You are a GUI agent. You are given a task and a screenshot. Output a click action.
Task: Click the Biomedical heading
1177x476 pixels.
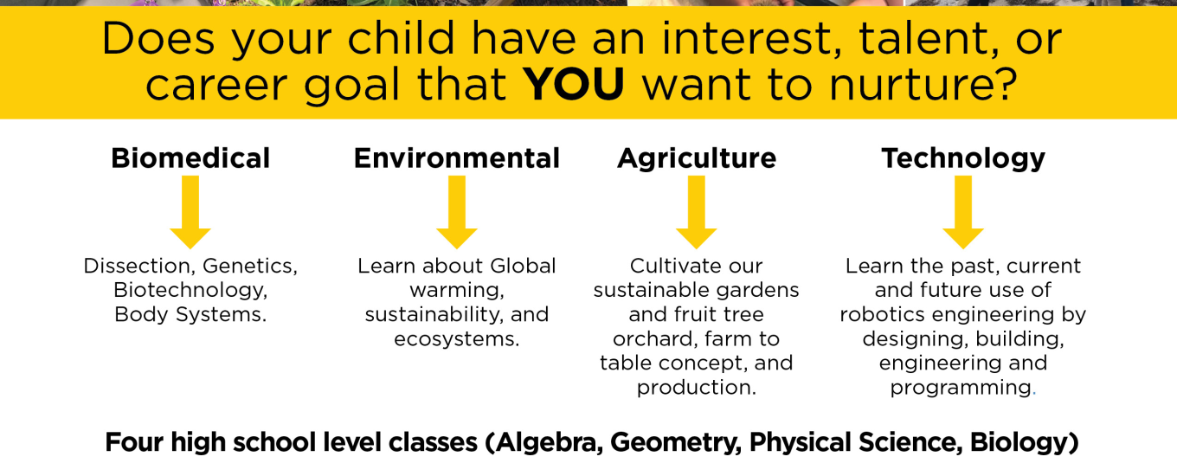tap(190, 158)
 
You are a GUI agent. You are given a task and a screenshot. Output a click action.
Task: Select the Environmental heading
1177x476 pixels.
tap(457, 158)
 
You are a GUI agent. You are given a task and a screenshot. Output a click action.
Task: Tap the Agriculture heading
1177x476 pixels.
tap(696, 159)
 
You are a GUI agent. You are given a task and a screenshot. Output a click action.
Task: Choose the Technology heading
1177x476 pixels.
tap(963, 159)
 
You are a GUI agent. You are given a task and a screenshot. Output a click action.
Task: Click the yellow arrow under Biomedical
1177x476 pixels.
tap(190, 212)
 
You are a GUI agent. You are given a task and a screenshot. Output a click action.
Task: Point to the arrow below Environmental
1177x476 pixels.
tap(457, 212)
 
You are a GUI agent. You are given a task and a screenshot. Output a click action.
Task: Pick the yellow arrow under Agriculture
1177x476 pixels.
tap(696, 212)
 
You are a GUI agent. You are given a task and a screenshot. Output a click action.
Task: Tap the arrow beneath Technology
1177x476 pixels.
tap(963, 212)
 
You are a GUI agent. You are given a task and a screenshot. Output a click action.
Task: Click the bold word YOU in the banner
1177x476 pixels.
tap(573, 84)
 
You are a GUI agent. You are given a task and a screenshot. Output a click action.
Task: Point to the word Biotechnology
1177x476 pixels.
tap(190, 291)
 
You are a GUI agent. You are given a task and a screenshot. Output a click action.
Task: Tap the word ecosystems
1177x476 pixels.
tap(457, 339)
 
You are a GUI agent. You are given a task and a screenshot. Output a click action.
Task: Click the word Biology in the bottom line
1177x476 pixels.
tap(1019, 443)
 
